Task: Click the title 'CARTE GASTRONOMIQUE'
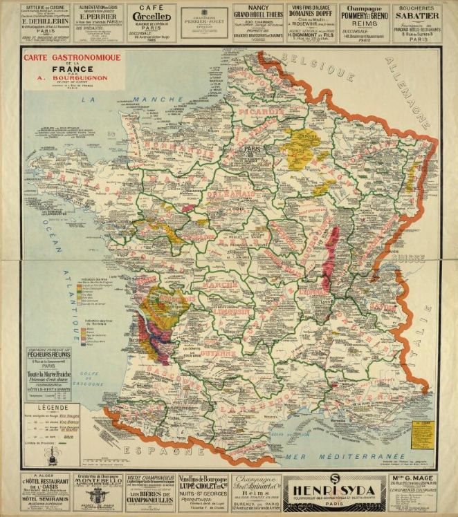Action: click(x=72, y=57)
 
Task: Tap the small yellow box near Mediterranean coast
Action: click(x=421, y=432)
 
